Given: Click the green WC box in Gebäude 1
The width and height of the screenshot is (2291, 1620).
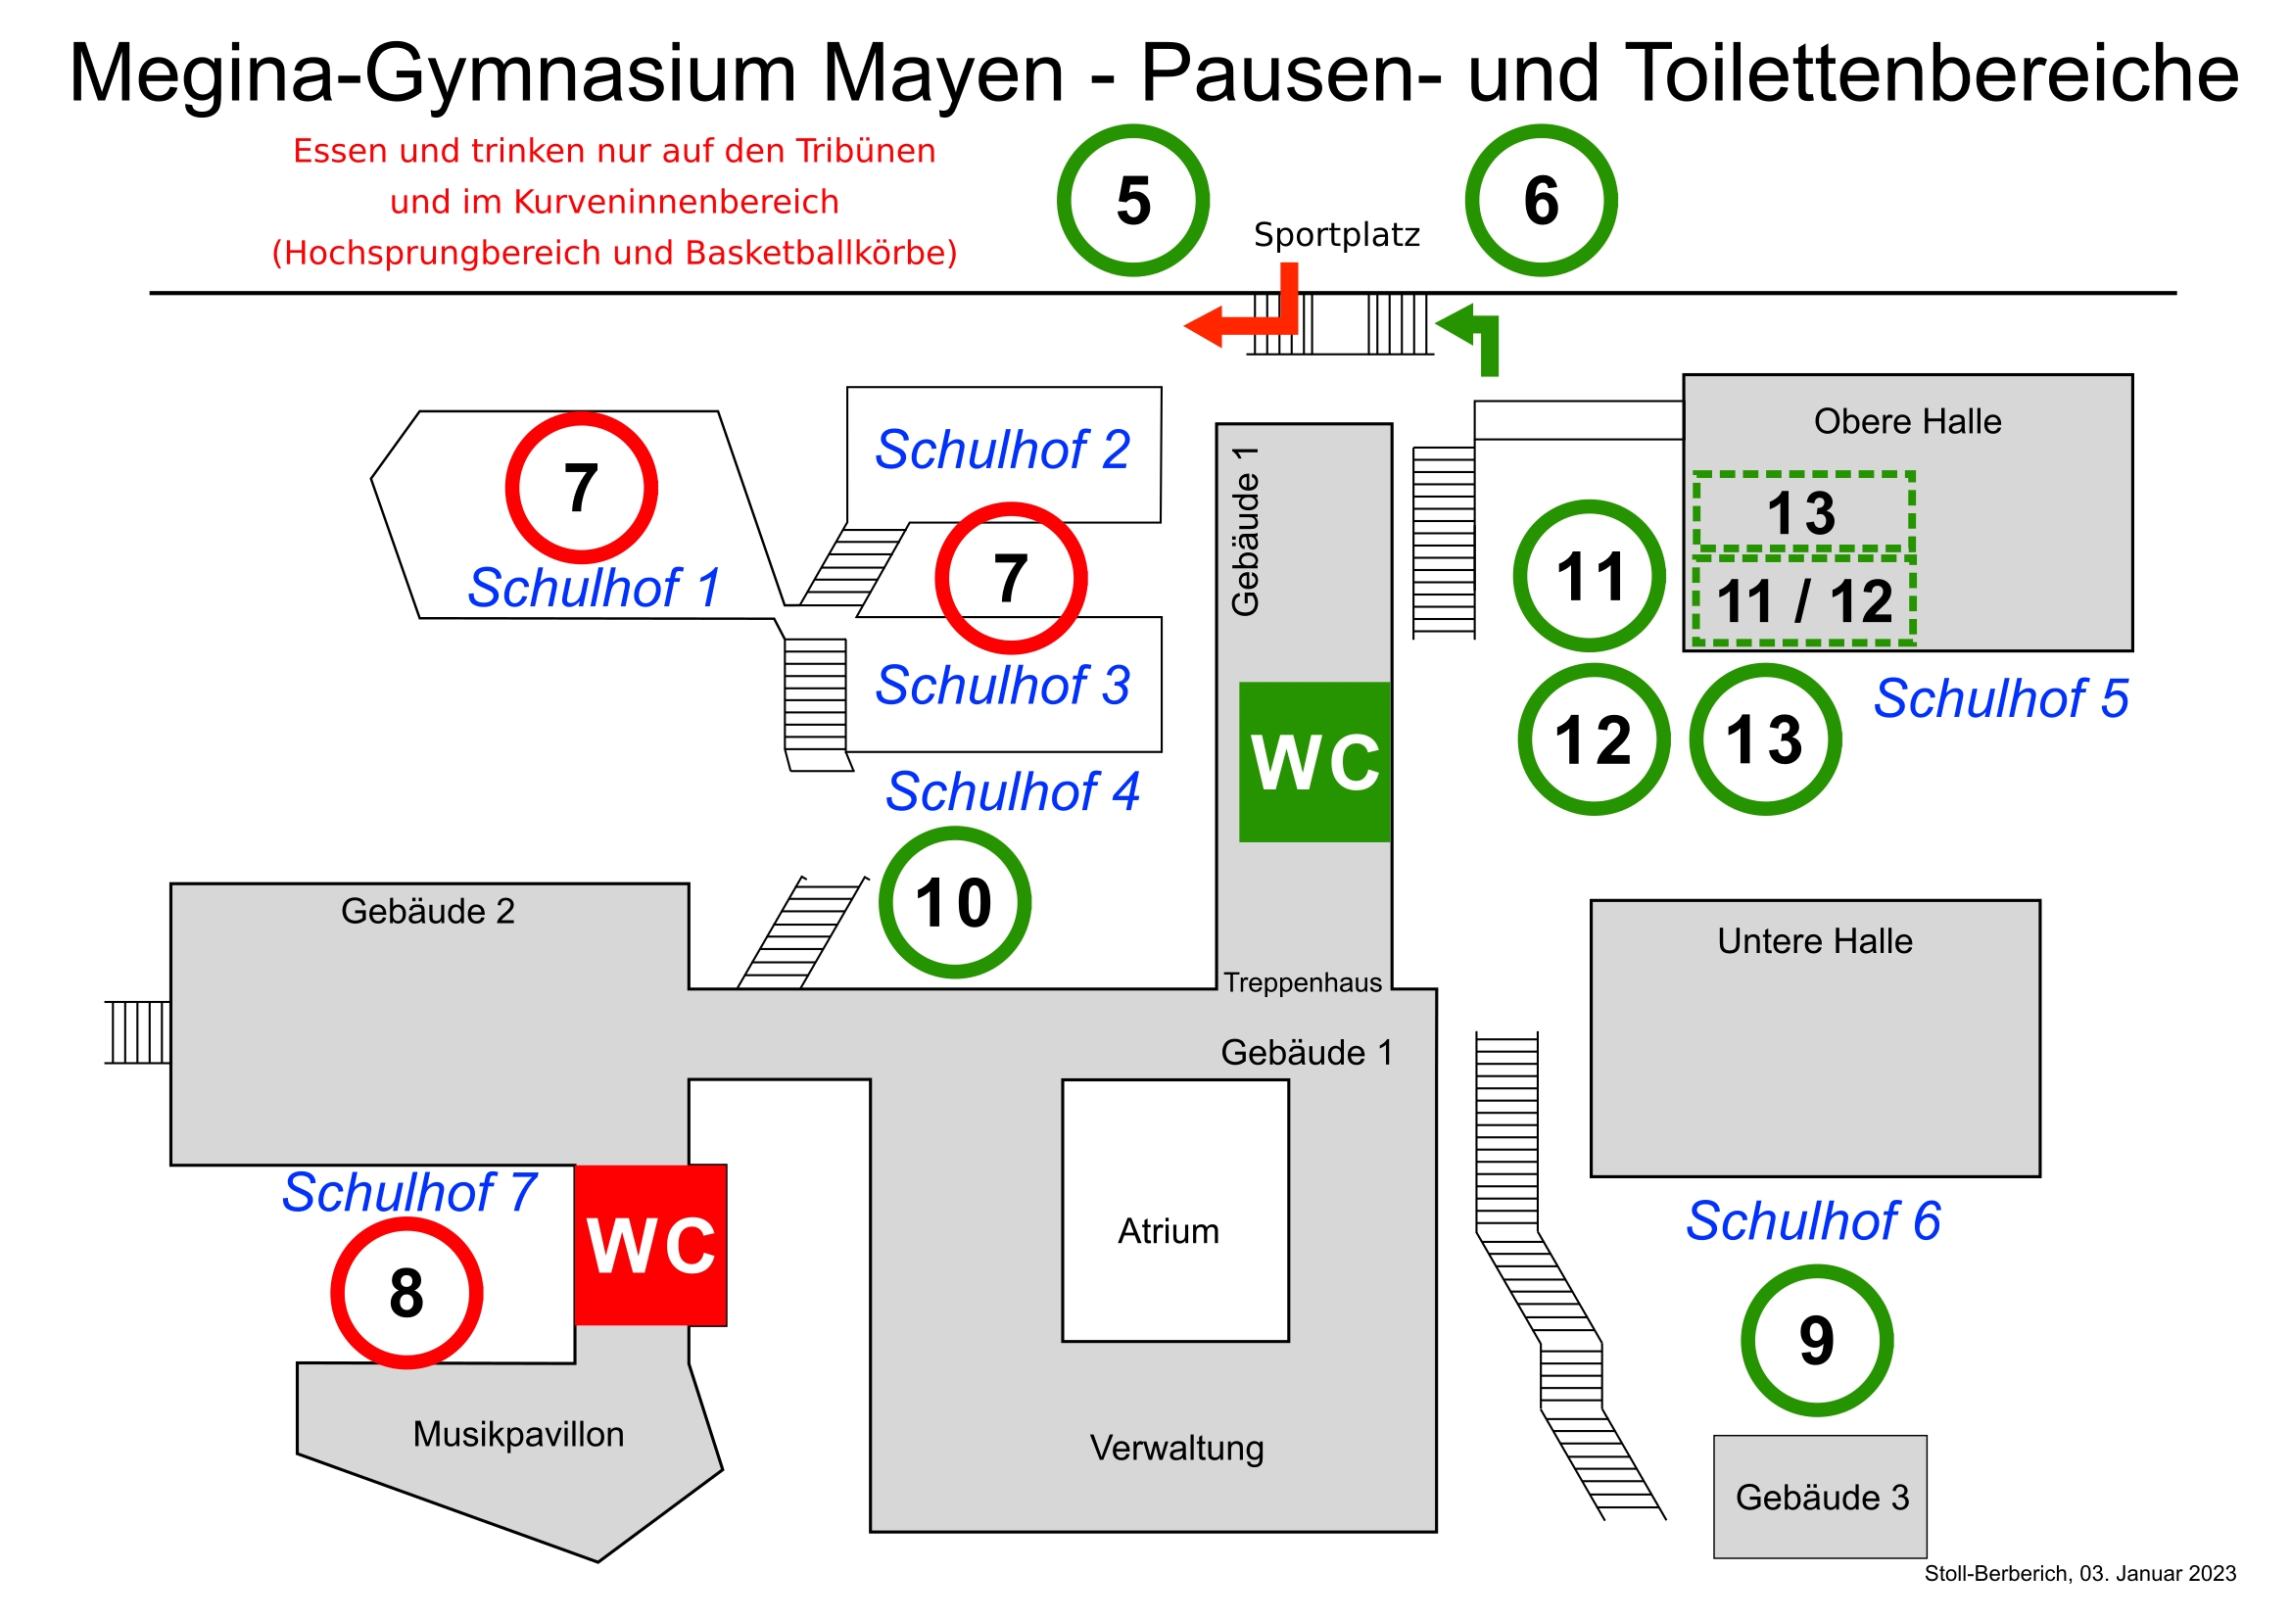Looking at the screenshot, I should [1314, 762].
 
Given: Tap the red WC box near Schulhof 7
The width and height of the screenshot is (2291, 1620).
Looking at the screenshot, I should [650, 1245].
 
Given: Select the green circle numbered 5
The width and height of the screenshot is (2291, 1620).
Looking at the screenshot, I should [1133, 201].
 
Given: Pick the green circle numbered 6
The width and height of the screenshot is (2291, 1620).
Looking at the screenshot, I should [1541, 201].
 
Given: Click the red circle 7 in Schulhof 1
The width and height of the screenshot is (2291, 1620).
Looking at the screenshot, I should [581, 488].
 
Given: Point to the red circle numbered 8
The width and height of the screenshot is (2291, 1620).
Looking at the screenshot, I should [406, 1293].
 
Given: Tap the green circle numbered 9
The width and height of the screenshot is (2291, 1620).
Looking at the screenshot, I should [1816, 1340].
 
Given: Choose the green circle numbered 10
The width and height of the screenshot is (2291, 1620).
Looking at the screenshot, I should [954, 903].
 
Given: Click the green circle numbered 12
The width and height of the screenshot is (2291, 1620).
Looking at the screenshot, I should [1594, 739].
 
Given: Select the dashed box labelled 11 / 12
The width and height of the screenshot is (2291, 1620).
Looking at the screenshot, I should [1804, 600].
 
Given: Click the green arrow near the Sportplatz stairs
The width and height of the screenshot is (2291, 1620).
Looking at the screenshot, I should [1472, 335].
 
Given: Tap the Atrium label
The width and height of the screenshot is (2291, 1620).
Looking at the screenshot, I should [1169, 1231].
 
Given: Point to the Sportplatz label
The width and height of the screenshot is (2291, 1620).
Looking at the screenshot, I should [1336, 234].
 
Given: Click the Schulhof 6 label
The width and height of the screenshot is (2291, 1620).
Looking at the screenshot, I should [1813, 1221].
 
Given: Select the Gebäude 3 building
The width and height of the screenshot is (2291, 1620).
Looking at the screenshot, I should [1820, 1497].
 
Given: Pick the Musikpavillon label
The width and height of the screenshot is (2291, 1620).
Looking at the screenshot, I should [518, 1434].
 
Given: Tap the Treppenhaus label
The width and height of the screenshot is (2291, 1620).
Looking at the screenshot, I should [1302, 982].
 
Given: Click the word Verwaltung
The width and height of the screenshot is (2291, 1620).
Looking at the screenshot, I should [1176, 1448].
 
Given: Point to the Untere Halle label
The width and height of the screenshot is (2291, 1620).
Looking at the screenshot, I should [1814, 940].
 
